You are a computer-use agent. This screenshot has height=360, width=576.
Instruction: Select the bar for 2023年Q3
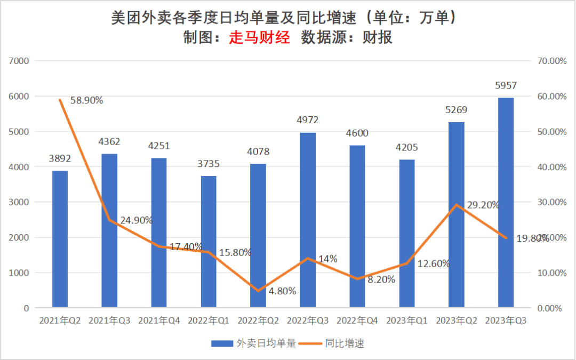(x=506, y=203)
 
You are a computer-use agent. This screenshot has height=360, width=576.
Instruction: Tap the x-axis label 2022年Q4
(x=358, y=321)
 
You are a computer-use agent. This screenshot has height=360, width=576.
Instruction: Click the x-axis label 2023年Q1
(x=407, y=321)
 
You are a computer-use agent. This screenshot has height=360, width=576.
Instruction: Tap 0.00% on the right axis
(x=551, y=308)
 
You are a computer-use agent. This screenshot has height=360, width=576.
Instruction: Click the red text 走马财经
(x=260, y=37)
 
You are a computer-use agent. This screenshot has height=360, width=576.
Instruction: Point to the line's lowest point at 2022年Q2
(x=258, y=291)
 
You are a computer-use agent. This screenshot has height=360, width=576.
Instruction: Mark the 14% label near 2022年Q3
(x=327, y=259)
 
